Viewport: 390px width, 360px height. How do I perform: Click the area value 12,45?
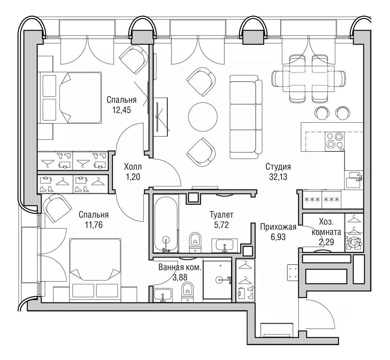122,110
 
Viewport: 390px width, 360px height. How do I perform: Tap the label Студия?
278,166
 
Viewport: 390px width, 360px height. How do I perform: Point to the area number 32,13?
278,177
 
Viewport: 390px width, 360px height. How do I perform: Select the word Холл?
133,166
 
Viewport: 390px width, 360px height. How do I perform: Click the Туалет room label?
221,214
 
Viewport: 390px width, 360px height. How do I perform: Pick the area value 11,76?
94,225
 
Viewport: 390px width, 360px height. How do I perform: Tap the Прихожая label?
278,227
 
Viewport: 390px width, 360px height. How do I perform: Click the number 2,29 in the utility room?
326,242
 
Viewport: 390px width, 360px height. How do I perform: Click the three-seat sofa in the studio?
246,117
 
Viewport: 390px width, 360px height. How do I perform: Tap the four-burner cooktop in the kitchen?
335,141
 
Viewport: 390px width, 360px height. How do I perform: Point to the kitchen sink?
354,180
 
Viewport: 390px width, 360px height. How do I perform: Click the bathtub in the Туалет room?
166,224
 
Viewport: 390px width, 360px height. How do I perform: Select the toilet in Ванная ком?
188,292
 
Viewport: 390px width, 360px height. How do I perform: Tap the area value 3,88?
180,277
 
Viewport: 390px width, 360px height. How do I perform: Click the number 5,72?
221,225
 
